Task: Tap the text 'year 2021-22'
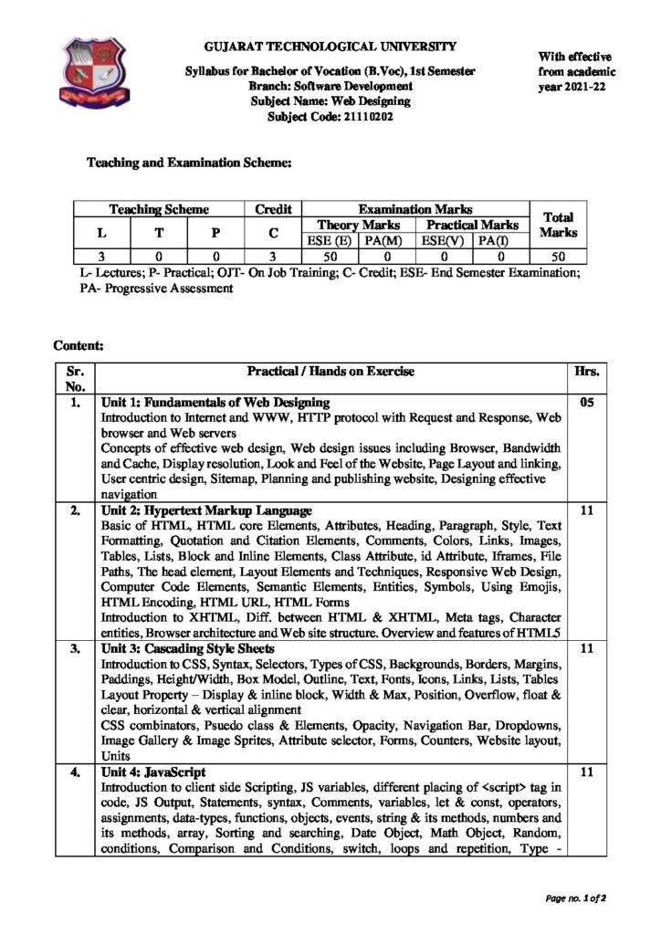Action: (575, 88)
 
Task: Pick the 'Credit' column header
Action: (272, 209)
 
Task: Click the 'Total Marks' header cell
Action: (558, 225)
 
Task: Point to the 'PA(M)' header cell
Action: (383, 241)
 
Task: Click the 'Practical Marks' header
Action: (472, 225)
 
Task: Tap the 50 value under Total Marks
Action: (558, 257)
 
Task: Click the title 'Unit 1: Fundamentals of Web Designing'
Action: (215, 402)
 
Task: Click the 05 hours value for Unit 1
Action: (586, 402)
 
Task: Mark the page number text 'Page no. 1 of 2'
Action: (576, 898)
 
